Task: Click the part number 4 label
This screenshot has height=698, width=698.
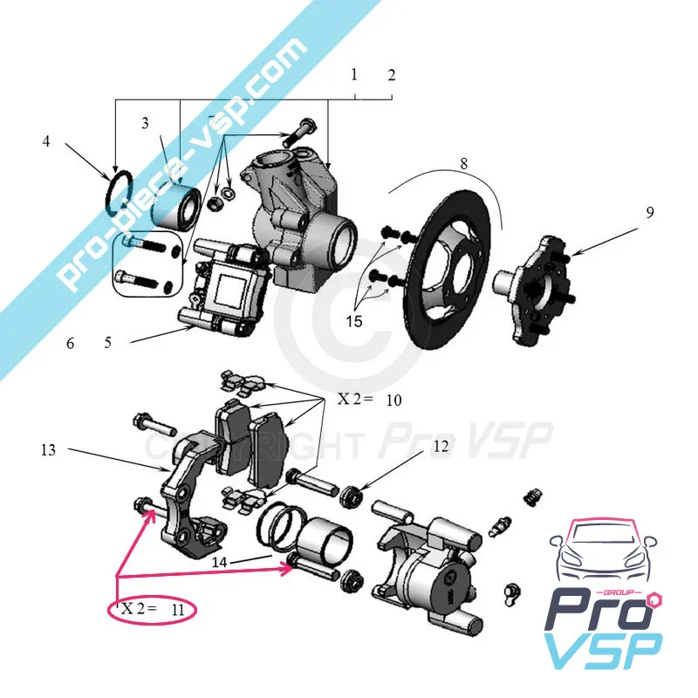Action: tap(46, 141)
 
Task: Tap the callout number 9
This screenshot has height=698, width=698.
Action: tap(650, 212)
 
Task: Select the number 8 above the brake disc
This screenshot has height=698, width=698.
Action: tap(464, 164)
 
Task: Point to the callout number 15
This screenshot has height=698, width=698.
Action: tap(354, 321)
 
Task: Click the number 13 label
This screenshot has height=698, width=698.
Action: tap(48, 450)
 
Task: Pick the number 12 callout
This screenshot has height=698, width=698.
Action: tap(441, 446)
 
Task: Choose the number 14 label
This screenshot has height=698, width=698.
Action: tap(220, 562)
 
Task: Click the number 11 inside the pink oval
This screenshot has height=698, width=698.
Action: tap(178, 609)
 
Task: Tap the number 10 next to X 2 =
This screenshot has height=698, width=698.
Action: tap(394, 400)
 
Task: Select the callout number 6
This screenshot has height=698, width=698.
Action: tap(71, 343)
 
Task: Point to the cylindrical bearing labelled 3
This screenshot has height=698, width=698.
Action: tap(176, 206)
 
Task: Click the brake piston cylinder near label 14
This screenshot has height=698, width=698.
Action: tap(325, 540)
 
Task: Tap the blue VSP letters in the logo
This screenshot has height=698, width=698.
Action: tap(603, 652)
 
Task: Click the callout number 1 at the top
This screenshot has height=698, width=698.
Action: tap(354, 74)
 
